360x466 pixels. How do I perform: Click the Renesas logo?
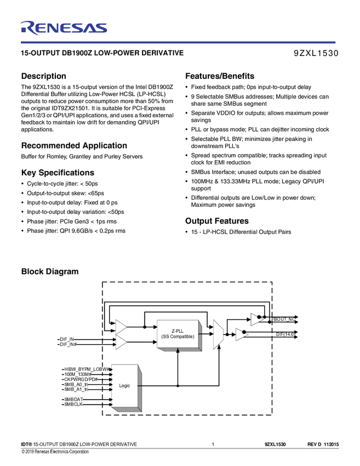pos(64,28)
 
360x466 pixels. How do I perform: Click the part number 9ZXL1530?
pos(316,54)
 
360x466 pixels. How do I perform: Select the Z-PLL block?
pos(178,334)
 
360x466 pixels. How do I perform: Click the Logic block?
pos(125,386)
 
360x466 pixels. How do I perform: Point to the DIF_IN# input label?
pos(68,344)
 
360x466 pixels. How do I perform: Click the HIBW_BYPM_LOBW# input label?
pos(87,370)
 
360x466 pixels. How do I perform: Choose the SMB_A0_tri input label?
pos(77,385)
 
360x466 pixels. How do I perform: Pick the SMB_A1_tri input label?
pos(77,390)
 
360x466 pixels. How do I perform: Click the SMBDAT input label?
pos(73,400)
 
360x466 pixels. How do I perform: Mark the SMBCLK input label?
pos(73,405)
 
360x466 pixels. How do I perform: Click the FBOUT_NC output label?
pos(283,319)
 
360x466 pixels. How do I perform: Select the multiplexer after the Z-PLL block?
pos(218,334)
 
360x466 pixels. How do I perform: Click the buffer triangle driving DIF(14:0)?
pos(242,334)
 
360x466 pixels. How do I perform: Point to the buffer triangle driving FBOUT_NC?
pos(256,319)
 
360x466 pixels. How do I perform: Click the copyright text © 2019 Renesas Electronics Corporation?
pos(55,452)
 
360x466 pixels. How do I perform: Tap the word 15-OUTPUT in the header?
pos(37,54)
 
